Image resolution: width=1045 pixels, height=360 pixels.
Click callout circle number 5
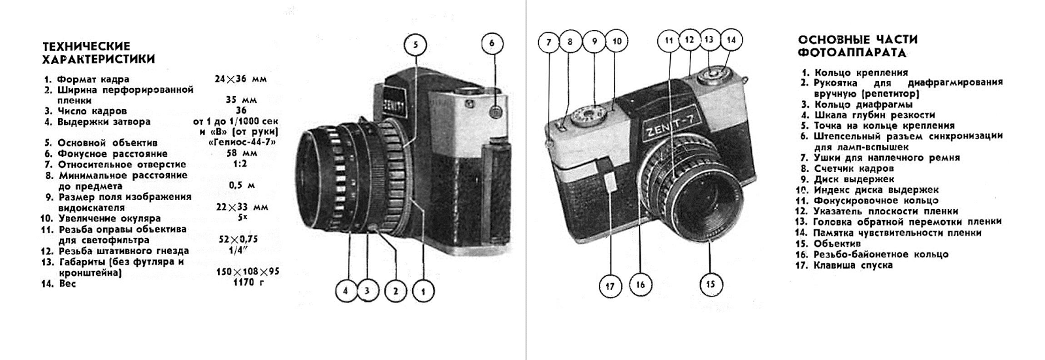(415, 45)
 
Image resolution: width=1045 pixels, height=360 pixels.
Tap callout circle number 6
(492, 43)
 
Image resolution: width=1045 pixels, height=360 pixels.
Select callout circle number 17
(610, 286)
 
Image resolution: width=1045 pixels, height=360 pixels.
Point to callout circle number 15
(711, 284)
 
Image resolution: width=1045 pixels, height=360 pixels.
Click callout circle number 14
(731, 40)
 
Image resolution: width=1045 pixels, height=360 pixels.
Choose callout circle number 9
(594, 41)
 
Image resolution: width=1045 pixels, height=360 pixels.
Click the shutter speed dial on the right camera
(588, 116)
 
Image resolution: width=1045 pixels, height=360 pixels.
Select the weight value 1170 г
(248, 283)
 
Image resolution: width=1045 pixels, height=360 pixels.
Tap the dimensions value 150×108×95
(248, 272)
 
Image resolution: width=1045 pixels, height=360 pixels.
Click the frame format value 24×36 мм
(241, 79)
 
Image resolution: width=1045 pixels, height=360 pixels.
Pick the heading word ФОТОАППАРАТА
(852, 52)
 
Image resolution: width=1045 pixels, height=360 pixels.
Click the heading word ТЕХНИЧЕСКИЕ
(86, 46)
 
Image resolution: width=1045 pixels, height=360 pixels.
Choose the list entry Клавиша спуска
(853, 265)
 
